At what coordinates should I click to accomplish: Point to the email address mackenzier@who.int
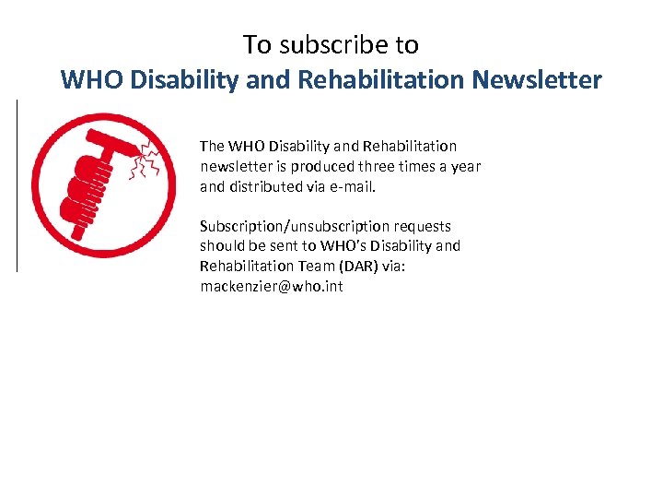point(271,287)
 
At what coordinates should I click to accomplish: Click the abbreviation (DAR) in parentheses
point(349,267)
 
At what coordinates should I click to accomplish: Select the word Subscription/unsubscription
point(295,227)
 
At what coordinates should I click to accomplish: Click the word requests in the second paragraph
point(423,227)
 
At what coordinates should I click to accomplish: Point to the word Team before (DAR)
point(307,267)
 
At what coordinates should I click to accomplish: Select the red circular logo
point(103,184)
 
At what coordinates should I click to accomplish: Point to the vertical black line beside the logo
point(17,184)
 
